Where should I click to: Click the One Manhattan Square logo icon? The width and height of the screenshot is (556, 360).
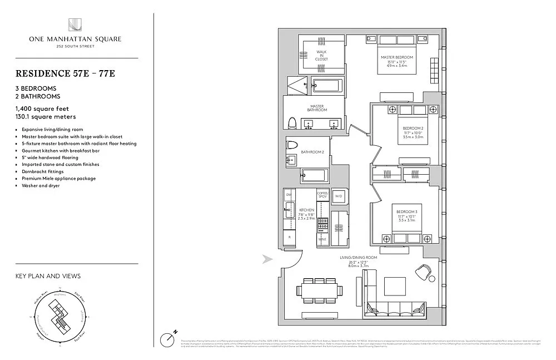tap(76, 26)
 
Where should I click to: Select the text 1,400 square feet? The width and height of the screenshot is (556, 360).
tap(42, 109)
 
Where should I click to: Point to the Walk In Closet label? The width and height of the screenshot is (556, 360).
tap(321, 55)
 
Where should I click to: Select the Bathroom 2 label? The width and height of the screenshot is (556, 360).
tap(312, 152)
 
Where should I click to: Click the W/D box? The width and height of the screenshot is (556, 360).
tap(339, 196)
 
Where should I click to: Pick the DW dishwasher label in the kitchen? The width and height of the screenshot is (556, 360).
tap(289, 194)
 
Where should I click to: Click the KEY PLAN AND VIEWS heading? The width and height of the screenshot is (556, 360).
tap(48, 276)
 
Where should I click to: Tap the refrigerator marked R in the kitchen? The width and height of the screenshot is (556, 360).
tap(290, 237)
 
